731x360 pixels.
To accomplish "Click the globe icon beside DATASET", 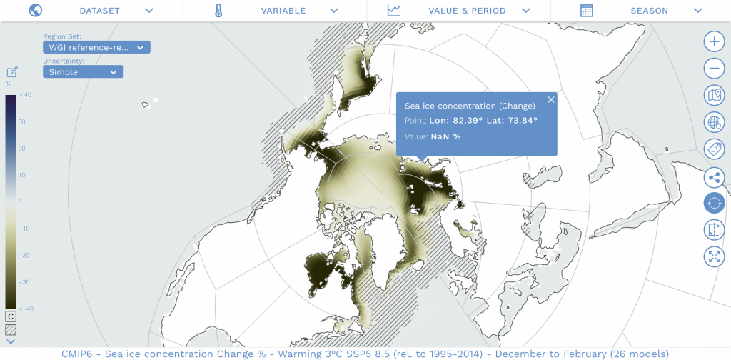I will (x=35, y=11).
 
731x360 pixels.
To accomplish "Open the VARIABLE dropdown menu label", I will (x=283, y=11).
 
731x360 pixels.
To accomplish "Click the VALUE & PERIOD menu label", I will (x=467, y=11).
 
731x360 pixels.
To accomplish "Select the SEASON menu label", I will (x=649, y=11).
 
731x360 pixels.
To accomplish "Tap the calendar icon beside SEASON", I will (x=587, y=11).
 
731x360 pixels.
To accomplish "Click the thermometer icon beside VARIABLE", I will (x=219, y=11).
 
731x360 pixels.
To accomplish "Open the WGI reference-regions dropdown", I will (x=96, y=47).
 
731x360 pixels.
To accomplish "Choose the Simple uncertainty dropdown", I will (x=83, y=72).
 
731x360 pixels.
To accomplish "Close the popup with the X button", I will (x=551, y=100).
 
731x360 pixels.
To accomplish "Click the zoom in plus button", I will (x=714, y=41).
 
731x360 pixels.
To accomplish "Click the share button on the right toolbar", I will (x=714, y=177).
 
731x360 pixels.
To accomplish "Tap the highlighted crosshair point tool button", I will (x=714, y=204).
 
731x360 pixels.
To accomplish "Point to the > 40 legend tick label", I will (x=24, y=95).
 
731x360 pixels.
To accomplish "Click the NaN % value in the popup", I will (x=446, y=136).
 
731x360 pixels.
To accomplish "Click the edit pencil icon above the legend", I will (x=12, y=71).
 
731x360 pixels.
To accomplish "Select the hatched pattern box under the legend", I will (x=11, y=330).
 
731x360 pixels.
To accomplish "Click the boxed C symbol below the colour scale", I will (x=11, y=316).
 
